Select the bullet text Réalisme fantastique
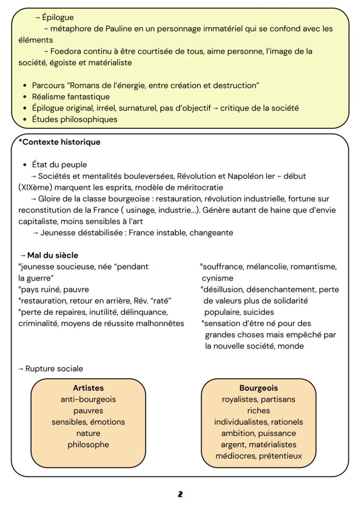point(71,96)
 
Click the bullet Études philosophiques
point(75,119)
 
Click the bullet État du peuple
point(60,164)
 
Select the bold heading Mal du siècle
point(53,255)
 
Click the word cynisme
point(217,278)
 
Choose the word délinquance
point(145,312)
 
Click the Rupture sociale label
point(54,369)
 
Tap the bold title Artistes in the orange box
point(88,388)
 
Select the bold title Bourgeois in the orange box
point(258,388)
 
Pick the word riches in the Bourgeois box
point(258,410)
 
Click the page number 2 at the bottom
point(180,494)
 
